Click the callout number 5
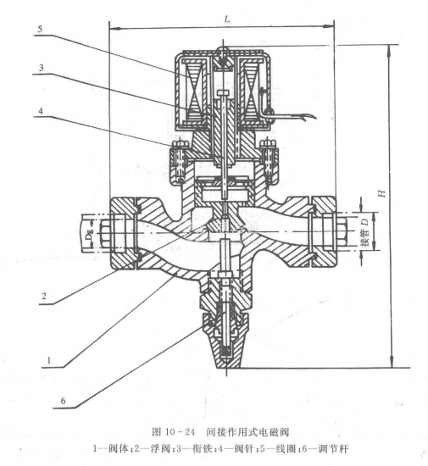click(x=40, y=29)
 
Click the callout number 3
click(x=41, y=68)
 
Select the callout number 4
click(x=41, y=111)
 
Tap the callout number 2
click(x=44, y=296)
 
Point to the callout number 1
click(x=49, y=360)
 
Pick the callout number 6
click(x=63, y=401)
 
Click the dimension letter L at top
click(x=227, y=19)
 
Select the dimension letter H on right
click(x=381, y=193)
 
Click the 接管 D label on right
click(x=365, y=232)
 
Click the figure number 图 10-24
click(x=173, y=432)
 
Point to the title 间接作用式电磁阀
click(x=247, y=432)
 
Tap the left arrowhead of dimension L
click(x=114, y=29)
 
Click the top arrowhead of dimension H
click(x=389, y=50)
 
